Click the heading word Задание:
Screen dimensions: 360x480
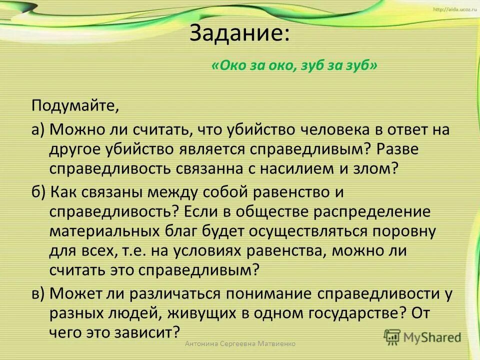(239, 34)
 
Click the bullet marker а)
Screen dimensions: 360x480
(38, 130)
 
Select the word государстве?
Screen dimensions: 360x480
(342, 313)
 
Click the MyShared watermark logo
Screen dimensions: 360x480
(422, 336)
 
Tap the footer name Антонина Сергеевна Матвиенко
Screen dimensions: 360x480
(240, 344)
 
